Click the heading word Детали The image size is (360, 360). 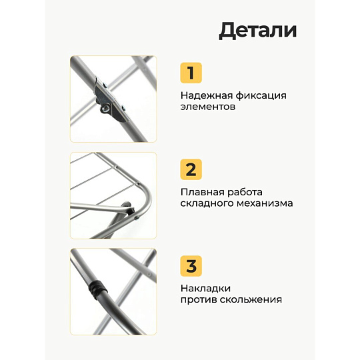(x=258, y=31)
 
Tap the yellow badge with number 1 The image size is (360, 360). (x=191, y=73)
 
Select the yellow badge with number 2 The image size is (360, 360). (x=191, y=169)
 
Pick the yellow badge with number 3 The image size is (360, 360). (x=191, y=266)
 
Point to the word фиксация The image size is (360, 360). (x=261, y=96)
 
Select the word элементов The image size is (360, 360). (x=208, y=107)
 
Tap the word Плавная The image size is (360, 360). (x=202, y=192)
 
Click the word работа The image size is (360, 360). (x=245, y=193)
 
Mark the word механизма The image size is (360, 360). (x=265, y=203)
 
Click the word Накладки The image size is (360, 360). (x=205, y=289)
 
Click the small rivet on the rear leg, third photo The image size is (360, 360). (x=149, y=275)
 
